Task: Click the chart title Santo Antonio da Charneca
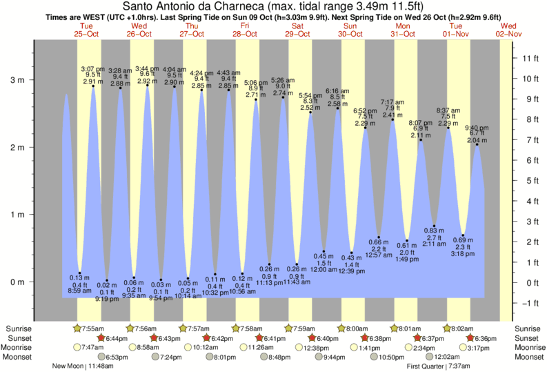pyautogui.click(x=273, y=6)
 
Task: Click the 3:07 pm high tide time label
pyautogui.click(x=92, y=69)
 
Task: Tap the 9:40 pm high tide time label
pyautogui.click(x=477, y=128)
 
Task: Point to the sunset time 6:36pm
pyautogui.click(x=490, y=338)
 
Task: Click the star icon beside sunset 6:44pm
pyautogui.click(x=101, y=338)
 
